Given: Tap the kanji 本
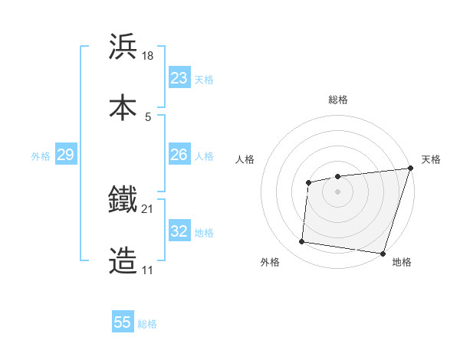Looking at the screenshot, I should [123, 106].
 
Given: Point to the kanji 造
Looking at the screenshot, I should [123, 261].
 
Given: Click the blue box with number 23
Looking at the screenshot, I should [179, 78].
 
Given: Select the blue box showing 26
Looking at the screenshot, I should [179, 155].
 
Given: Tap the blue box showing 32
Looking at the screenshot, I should [179, 231].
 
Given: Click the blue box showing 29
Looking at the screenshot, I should [65, 155].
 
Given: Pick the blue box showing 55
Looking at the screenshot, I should [123, 322].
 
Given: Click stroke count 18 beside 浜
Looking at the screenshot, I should [149, 55].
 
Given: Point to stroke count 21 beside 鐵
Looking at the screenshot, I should [148, 208].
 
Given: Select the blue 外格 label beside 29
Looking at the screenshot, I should [41, 156].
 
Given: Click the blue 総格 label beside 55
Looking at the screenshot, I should [148, 324].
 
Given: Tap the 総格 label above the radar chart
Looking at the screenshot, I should [337, 100].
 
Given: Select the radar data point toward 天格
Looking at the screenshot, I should [410, 169].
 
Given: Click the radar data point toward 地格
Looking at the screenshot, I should [383, 254].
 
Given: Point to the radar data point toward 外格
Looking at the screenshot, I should [302, 242].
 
